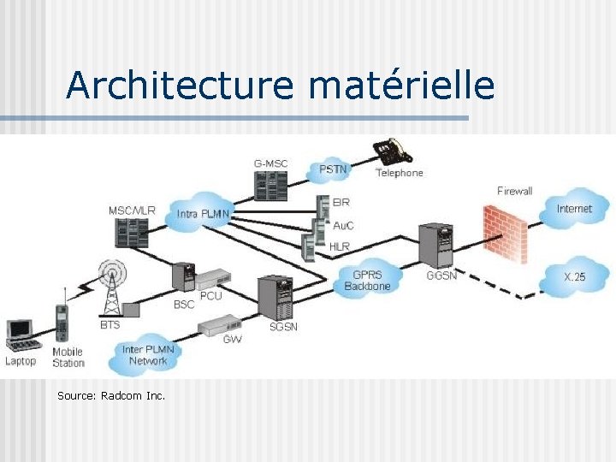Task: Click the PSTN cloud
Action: click(x=333, y=169)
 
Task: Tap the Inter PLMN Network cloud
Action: click(x=148, y=354)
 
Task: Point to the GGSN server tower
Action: click(x=439, y=246)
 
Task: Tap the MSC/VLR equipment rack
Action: click(x=132, y=235)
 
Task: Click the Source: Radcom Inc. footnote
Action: click(x=111, y=395)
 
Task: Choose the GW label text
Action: click(x=232, y=339)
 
